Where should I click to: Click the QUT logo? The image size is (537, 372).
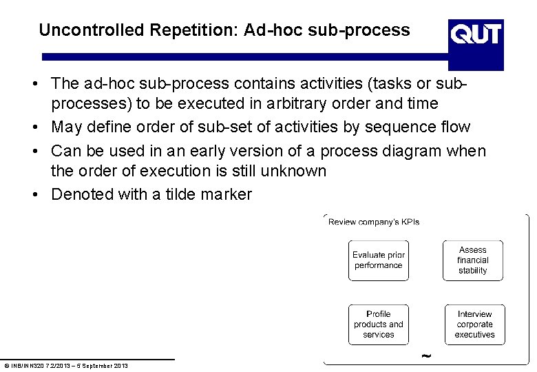(x=476, y=33)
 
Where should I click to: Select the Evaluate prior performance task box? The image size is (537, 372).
(x=378, y=260)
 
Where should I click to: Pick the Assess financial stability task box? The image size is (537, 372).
(x=472, y=260)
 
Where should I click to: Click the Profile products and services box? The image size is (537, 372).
(x=378, y=324)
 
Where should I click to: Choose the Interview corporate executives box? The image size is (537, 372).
(x=474, y=324)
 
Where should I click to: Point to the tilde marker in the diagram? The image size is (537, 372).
(x=426, y=356)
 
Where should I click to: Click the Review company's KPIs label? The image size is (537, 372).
(x=374, y=222)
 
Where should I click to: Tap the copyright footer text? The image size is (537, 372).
(x=65, y=365)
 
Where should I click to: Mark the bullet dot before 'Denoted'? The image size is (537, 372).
(x=34, y=195)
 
